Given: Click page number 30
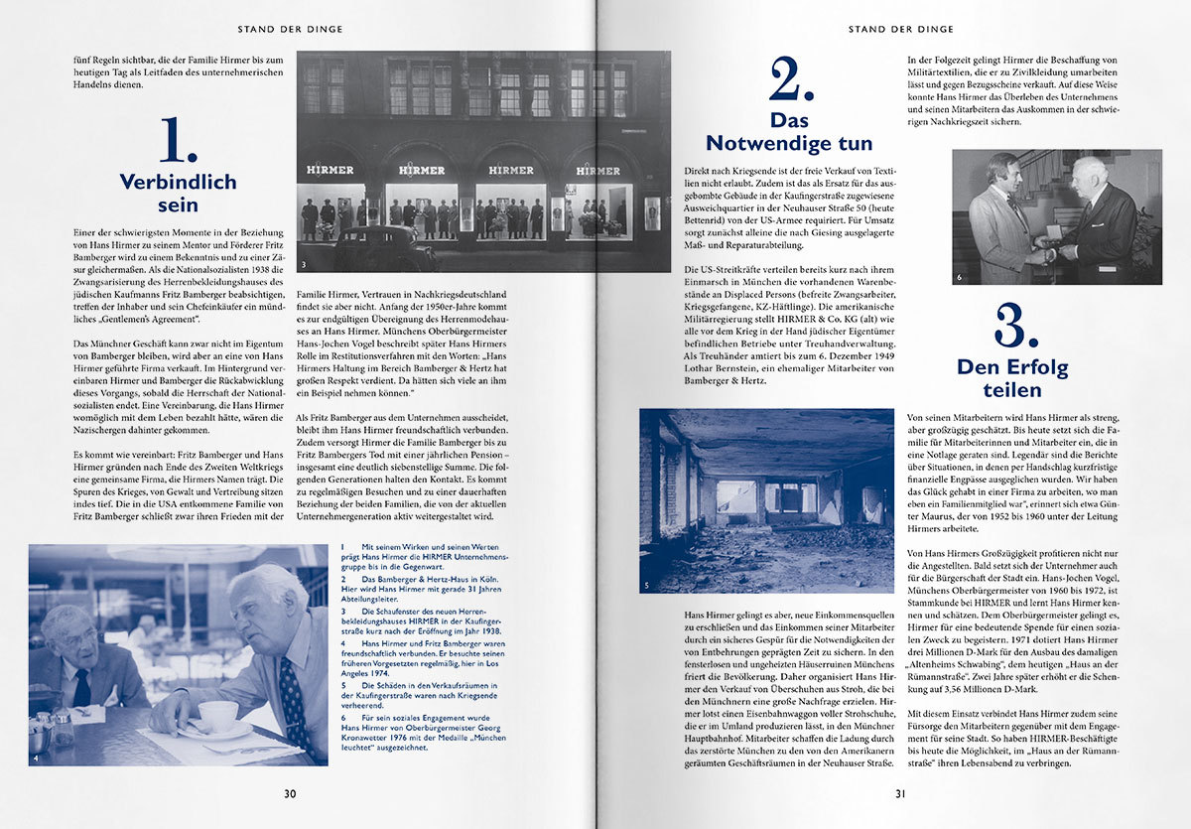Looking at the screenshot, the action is click(x=290, y=793).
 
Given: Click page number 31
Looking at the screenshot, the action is click(x=900, y=793).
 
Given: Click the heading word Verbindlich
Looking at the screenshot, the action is click(x=178, y=182).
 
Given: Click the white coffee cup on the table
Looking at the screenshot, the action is click(x=217, y=714).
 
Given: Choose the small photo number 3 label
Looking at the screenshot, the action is click(x=305, y=265).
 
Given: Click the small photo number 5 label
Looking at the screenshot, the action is click(x=646, y=586).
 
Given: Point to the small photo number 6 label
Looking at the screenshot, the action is click(x=959, y=277).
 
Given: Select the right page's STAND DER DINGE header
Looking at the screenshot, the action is click(x=900, y=30).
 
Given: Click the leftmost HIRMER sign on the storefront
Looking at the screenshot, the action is click(x=330, y=170).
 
